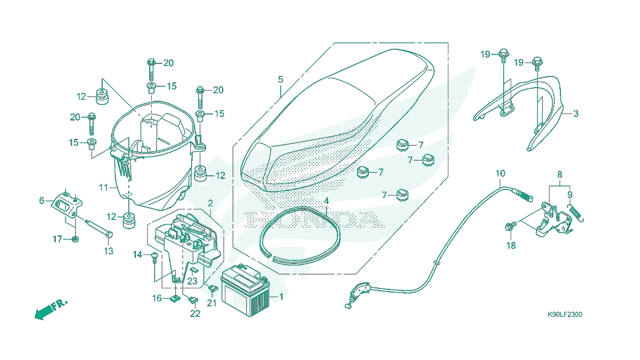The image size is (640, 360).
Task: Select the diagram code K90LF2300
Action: coord(565,315)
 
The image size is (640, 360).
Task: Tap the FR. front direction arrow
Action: coord(51,309)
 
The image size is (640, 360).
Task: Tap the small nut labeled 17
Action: coord(75,239)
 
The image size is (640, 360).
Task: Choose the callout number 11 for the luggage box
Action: coord(104,187)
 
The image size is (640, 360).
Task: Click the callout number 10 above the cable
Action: coord(500,173)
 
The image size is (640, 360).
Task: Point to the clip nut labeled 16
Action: coord(175,298)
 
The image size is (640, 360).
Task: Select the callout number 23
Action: coord(192,281)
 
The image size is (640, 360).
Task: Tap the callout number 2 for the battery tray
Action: coord(210,203)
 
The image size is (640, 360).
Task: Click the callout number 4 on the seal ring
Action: coord(326,201)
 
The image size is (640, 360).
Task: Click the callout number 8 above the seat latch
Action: coord(559,174)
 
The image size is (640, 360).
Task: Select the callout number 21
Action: coord(212,303)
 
